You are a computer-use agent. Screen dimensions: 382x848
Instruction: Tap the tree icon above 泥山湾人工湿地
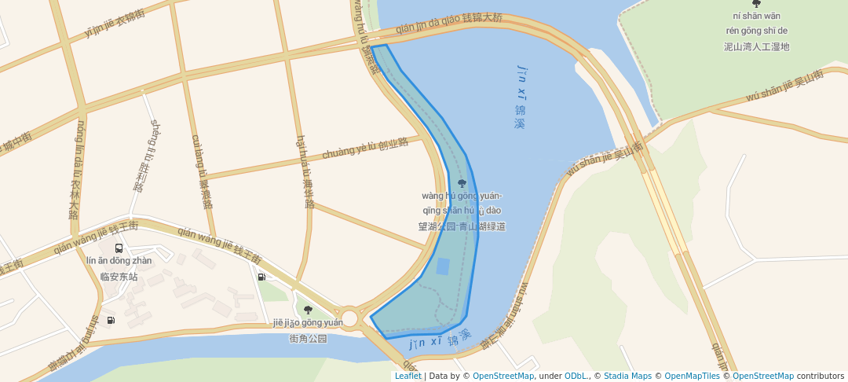(x=756, y=4)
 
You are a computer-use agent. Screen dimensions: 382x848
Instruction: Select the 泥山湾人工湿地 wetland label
(x=756, y=46)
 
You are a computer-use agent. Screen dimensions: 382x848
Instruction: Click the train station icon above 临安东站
(x=119, y=248)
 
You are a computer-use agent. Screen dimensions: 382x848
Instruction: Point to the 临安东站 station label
(x=119, y=277)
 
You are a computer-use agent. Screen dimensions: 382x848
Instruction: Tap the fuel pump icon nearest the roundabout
(x=261, y=276)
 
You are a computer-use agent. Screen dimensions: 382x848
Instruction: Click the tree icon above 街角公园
(x=308, y=310)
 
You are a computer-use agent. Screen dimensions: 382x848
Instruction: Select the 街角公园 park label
(x=308, y=339)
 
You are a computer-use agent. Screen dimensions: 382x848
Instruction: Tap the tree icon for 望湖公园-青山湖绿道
(x=462, y=183)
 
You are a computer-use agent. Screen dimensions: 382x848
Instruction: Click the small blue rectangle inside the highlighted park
(x=443, y=266)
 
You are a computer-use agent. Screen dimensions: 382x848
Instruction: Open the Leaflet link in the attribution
(x=408, y=376)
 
